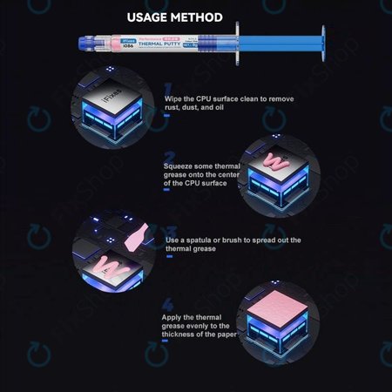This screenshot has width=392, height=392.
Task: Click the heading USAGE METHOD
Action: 174,17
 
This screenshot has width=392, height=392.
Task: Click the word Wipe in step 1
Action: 174,98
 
